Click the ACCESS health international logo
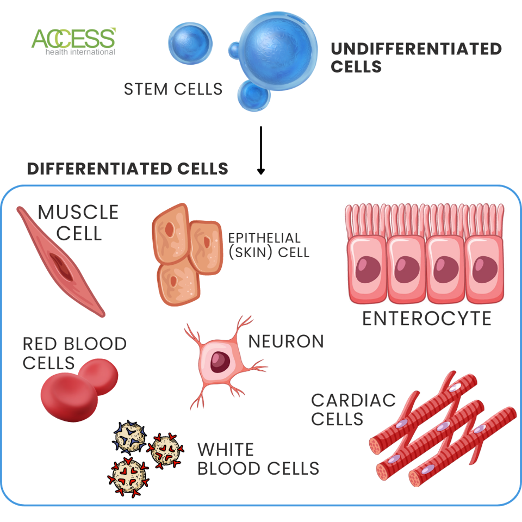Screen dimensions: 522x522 73,41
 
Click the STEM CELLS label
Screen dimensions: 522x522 173,89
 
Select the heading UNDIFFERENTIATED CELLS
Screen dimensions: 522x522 416,58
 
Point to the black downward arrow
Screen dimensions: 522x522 261,150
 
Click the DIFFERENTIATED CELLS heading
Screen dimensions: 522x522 128,169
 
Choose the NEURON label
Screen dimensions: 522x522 286,341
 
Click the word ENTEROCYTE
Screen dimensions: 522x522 427,318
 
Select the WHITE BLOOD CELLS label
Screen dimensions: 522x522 258,458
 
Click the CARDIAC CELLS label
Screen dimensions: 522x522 353,409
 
